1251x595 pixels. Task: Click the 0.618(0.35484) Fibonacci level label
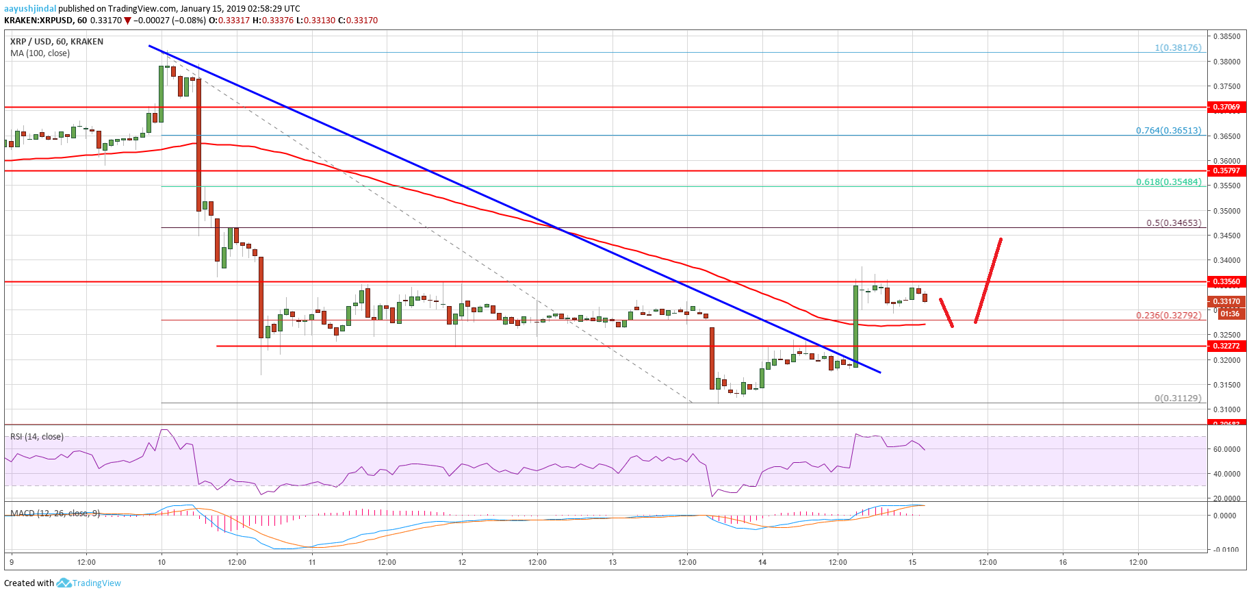(x=1168, y=181)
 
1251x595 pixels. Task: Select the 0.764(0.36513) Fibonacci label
(x=1168, y=130)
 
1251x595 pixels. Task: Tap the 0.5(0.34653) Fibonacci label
(x=1174, y=223)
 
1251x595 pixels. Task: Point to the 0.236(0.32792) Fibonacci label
(x=1168, y=315)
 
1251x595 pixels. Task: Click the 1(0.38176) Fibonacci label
(x=1178, y=47)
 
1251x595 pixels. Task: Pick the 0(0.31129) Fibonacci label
(x=1178, y=398)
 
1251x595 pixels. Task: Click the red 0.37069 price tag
(x=1226, y=107)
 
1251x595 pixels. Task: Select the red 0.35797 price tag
(x=1226, y=170)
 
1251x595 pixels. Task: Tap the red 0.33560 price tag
(x=1226, y=281)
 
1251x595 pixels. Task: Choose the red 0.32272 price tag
(x=1226, y=346)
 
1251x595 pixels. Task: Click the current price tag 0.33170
(x=1226, y=301)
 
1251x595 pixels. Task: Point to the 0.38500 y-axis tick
(x=1226, y=36)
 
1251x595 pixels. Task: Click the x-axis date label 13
(x=612, y=562)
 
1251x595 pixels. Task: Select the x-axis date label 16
(x=1063, y=562)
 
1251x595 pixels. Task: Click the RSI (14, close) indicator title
(x=37, y=436)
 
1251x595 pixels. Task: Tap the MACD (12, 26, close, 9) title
(x=55, y=513)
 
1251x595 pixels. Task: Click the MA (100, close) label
(x=40, y=53)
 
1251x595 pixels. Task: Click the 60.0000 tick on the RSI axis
(x=1226, y=449)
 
